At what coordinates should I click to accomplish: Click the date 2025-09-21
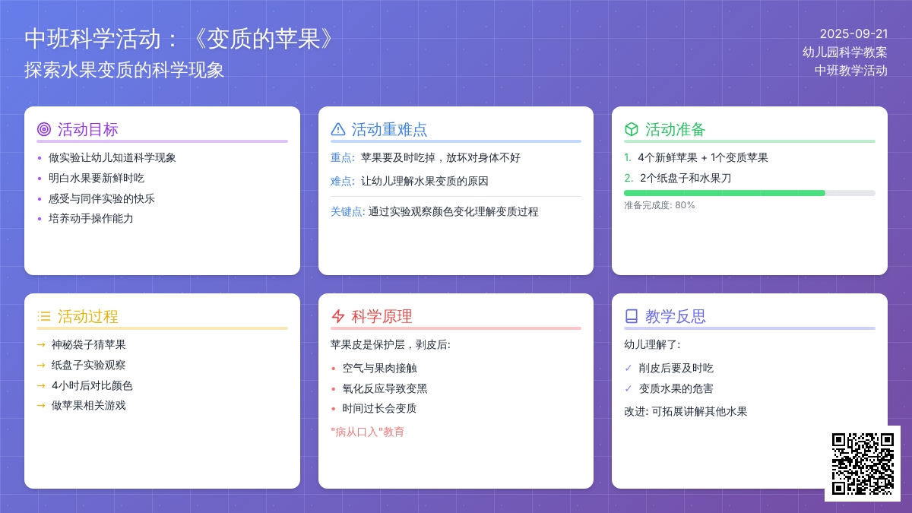pos(853,33)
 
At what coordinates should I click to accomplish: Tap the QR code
pos(863,464)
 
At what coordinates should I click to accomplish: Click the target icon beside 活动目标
pos(44,129)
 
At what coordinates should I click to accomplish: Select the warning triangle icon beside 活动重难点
pos(338,129)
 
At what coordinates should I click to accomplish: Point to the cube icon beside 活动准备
pos(631,129)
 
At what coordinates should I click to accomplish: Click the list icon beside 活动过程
pos(44,316)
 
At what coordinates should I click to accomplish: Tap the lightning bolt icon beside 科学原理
pos(338,316)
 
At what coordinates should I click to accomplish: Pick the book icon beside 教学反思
pos(631,316)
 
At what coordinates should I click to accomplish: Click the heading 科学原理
pos(382,316)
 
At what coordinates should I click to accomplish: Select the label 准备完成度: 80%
pos(659,205)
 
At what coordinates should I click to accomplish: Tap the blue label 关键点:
pos(347,212)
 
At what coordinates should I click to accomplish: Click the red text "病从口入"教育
pos(367,432)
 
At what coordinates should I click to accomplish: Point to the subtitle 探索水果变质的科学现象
pos(124,70)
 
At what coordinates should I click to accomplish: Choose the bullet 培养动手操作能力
pos(90,219)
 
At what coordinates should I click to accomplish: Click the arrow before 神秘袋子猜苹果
pos(41,345)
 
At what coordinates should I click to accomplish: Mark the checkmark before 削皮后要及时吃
pos(629,368)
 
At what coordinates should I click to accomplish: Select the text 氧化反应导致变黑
pos(385,389)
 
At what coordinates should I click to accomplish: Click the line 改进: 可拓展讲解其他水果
pos(686,412)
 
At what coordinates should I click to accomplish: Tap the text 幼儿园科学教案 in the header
pos(845,52)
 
